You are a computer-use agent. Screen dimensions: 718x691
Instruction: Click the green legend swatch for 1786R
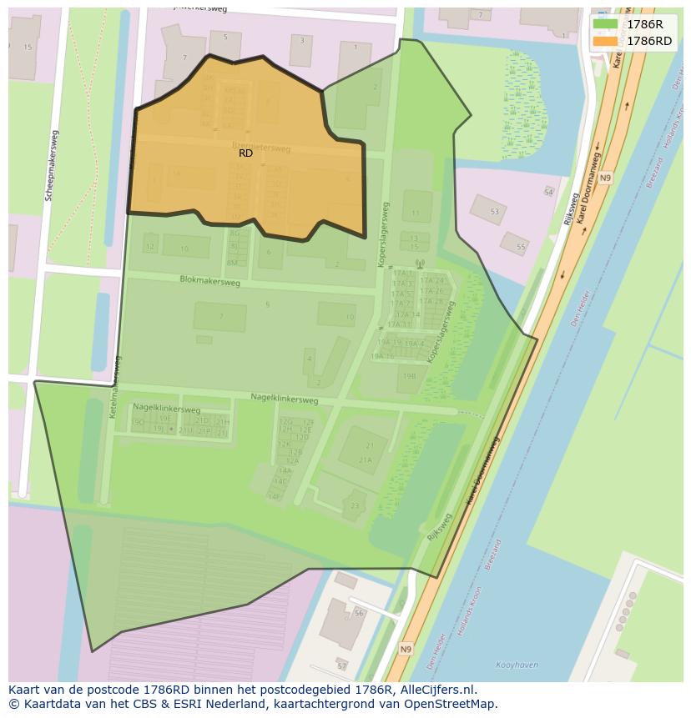click(605, 24)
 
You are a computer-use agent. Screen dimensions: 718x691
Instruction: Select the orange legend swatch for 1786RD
click(605, 41)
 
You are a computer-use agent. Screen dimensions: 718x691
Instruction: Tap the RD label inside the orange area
click(245, 153)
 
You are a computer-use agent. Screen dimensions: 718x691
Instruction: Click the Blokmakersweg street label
click(209, 282)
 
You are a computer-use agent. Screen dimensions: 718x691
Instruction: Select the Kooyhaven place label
click(516, 665)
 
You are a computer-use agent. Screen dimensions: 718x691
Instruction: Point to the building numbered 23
click(356, 505)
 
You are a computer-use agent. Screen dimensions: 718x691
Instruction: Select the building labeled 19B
click(409, 377)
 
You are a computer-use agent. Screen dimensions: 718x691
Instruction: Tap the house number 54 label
click(548, 193)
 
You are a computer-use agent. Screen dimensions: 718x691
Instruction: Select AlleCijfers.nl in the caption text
click(436, 690)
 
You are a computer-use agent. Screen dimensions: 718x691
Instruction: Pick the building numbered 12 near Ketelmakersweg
click(150, 247)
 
